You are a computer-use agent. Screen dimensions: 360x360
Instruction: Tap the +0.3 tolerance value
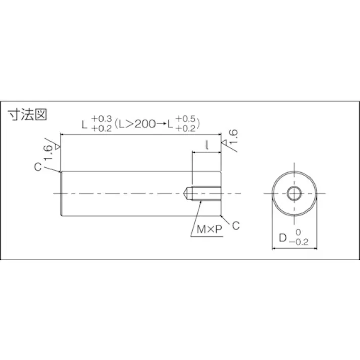pos(103,119)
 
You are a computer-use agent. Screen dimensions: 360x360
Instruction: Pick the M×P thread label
pos(209,229)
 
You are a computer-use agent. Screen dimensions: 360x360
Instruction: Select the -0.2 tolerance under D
pos(302,241)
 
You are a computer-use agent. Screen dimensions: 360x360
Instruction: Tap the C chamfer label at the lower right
pos(235,226)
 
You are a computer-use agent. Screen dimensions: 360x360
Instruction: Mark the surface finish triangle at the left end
pos(57,147)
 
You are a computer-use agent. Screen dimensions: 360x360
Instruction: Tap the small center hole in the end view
pos(294,193)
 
